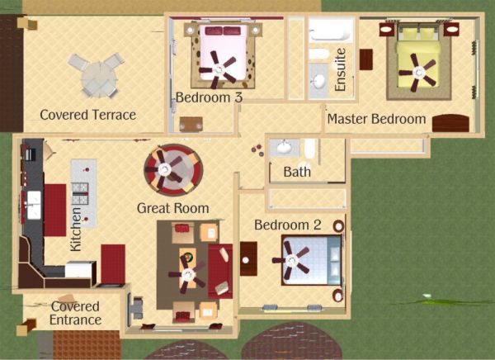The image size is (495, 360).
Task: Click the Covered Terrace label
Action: (x=88, y=115)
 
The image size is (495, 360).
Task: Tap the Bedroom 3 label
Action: (x=209, y=97)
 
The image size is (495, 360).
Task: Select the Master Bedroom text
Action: (x=377, y=119)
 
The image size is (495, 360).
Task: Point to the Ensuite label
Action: (x=340, y=69)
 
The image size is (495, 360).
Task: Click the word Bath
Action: (x=297, y=172)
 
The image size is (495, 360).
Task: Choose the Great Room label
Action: (x=173, y=208)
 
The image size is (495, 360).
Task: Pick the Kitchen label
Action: (x=76, y=230)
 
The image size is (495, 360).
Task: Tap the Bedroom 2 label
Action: (x=288, y=225)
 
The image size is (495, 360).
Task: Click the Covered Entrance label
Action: (x=75, y=313)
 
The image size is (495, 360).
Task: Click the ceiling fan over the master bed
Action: (x=418, y=73)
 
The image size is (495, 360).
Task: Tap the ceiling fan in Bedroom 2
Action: (x=291, y=260)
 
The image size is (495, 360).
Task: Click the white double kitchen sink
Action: (x=34, y=205)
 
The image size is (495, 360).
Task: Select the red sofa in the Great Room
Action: (x=220, y=271)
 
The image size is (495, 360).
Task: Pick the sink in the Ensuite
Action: (x=318, y=81)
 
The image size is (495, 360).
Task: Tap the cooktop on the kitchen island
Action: (x=80, y=193)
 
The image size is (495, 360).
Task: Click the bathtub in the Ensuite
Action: (x=331, y=31)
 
